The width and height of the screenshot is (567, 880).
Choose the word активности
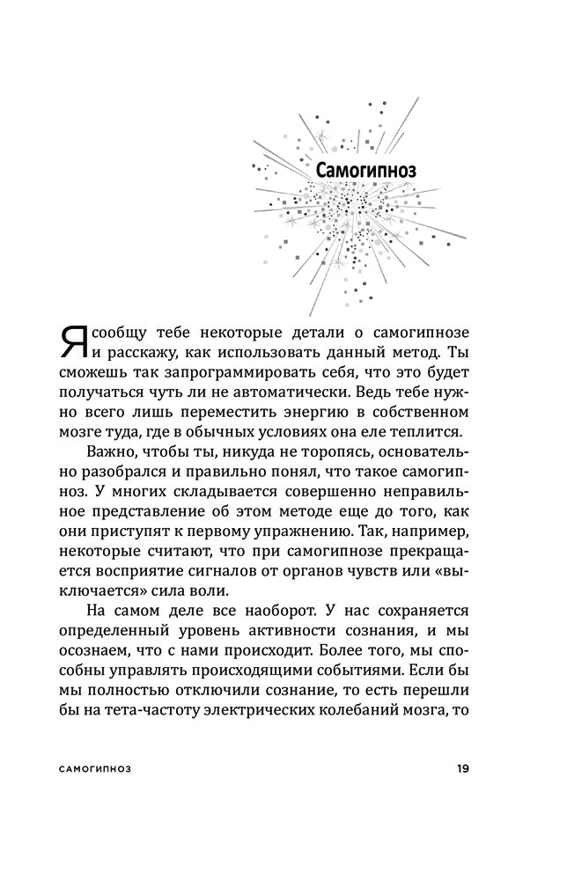[290, 635]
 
